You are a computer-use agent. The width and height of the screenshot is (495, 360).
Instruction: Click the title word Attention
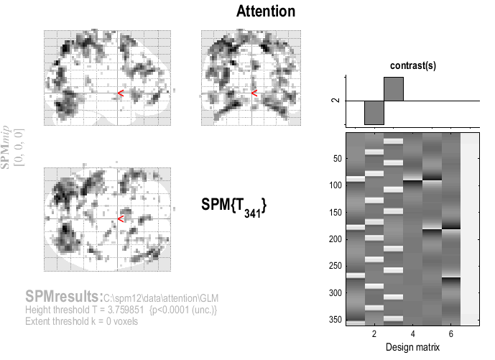265,12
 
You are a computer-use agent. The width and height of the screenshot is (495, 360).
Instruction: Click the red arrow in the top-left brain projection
121,93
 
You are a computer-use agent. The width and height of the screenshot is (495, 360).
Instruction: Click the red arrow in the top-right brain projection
254,93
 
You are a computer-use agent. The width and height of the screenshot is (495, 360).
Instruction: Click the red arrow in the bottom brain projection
121,218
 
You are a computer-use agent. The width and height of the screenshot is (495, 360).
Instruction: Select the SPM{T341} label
234,206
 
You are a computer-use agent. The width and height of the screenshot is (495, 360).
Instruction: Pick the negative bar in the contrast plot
374,113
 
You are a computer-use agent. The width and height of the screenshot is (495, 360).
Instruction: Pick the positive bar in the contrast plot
394,88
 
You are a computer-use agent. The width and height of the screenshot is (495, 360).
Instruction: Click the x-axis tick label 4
412,336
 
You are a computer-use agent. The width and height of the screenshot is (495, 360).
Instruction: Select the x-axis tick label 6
450,336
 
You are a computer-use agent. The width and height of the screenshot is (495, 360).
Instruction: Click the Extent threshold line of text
81,320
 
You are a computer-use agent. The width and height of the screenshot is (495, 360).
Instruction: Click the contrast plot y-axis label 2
333,101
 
